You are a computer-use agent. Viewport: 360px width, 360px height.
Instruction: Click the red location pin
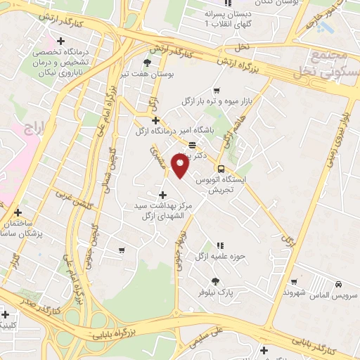coord(181,167)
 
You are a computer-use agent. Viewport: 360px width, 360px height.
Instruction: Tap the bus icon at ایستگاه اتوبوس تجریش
coord(221,169)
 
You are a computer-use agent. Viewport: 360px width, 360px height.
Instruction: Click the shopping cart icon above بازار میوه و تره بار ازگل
coord(216,90)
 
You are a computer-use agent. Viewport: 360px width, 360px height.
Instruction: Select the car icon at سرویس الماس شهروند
coord(338,284)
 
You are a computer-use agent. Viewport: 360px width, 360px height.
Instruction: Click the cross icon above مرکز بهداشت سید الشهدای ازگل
coord(163,195)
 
